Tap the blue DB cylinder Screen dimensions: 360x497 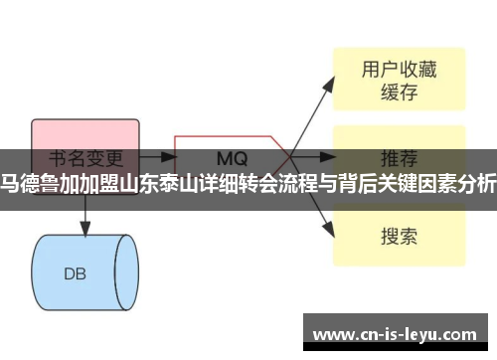pos(83,245)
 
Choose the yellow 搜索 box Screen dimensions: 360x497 pos(398,236)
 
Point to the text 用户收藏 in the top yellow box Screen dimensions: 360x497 pos(398,70)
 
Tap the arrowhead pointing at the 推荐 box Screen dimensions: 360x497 pos(327,157)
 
